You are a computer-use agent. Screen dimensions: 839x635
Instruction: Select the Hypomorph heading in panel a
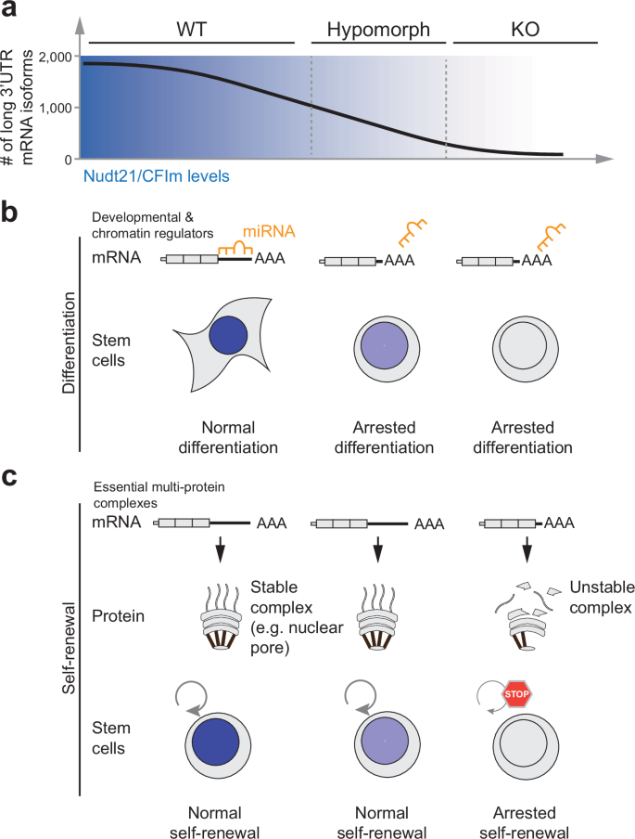371,29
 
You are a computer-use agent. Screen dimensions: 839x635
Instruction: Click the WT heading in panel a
189,29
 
